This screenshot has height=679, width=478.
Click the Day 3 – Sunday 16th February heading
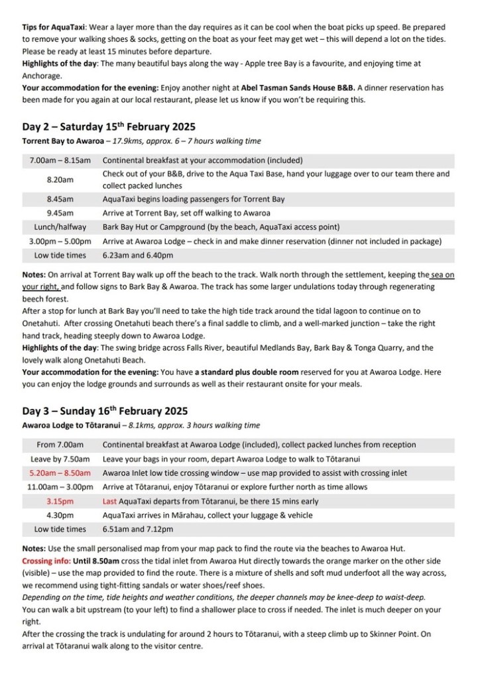pos(104,411)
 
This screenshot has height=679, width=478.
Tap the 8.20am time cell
pos(60,180)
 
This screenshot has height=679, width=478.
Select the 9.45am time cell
pos(60,213)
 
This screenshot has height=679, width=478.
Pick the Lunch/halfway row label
pos(60,228)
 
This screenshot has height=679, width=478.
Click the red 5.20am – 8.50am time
pos(60,473)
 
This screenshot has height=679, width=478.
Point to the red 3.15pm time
pos(60,501)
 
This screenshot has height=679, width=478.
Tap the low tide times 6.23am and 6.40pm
pos(138,256)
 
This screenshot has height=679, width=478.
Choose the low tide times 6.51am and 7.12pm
pos(138,530)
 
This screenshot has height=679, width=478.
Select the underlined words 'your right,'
pos(41,287)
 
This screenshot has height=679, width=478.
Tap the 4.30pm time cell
pos(60,515)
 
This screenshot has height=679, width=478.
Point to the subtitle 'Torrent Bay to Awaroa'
pos(62,141)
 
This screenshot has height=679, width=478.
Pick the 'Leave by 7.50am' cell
pos(60,459)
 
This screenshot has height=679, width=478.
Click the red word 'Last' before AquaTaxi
pos(111,501)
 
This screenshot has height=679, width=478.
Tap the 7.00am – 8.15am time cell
pos(60,161)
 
